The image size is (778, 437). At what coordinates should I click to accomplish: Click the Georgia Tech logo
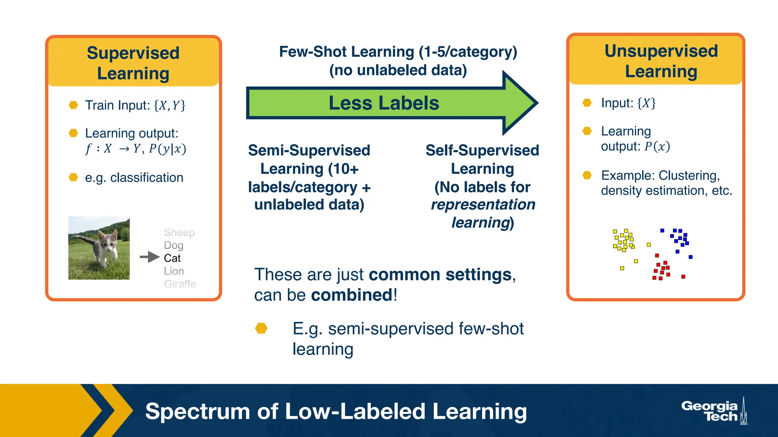click(713, 411)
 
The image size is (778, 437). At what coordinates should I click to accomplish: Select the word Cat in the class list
click(172, 258)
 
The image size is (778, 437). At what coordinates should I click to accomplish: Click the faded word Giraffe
click(180, 284)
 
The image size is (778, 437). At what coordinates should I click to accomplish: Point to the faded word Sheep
click(179, 232)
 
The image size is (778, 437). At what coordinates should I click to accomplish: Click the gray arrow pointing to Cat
click(149, 257)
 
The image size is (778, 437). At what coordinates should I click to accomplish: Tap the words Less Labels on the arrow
click(384, 103)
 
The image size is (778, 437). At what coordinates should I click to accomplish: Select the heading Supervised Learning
click(133, 63)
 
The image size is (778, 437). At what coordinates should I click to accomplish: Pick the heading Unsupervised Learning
click(661, 61)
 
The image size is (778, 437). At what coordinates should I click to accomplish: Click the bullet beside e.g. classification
click(73, 178)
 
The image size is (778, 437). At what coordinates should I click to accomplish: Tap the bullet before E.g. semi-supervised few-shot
click(261, 329)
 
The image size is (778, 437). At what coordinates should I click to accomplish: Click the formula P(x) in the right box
click(657, 146)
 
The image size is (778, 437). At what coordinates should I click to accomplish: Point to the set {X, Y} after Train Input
click(169, 105)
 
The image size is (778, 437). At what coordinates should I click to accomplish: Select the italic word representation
click(483, 205)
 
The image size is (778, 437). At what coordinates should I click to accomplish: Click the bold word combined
click(351, 295)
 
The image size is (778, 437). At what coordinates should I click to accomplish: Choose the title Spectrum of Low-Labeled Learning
click(336, 411)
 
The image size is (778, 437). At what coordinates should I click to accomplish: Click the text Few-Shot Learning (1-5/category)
click(398, 52)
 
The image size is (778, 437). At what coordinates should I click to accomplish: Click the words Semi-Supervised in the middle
click(309, 151)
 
